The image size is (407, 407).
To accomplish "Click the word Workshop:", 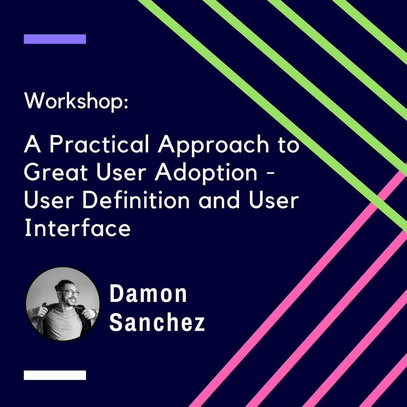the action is point(76,101).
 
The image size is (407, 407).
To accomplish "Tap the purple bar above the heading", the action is point(55,39).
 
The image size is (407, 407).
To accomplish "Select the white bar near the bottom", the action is point(55,375).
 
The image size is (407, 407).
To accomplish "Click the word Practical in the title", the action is point(99,144).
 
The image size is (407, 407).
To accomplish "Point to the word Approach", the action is point(213,145).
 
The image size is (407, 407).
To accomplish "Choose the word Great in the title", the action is point(56,172).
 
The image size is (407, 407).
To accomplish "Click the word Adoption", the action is point(206,173).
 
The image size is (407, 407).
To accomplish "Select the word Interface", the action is point(77,228).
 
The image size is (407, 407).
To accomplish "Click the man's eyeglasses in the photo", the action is point(69,292).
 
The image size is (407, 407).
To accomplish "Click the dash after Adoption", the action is point(270,175).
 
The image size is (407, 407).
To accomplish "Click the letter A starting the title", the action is point(33,144).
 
